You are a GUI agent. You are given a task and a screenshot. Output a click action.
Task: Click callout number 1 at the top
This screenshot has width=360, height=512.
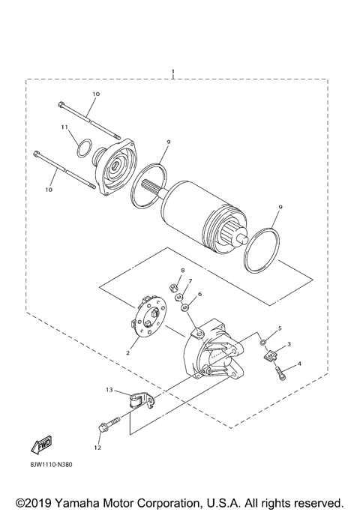click(173, 73)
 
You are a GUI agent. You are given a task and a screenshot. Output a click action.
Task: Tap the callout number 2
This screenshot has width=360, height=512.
click(128, 351)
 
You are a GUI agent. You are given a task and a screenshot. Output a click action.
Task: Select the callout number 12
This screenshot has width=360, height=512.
click(97, 448)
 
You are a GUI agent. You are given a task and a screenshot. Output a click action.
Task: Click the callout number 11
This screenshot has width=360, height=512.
click(65, 127)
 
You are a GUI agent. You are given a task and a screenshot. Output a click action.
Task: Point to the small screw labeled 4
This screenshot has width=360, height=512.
click(283, 372)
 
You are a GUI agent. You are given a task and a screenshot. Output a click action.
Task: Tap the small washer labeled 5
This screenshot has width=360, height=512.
click(264, 343)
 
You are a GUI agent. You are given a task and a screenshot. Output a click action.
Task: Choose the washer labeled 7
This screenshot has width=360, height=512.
click(180, 298)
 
